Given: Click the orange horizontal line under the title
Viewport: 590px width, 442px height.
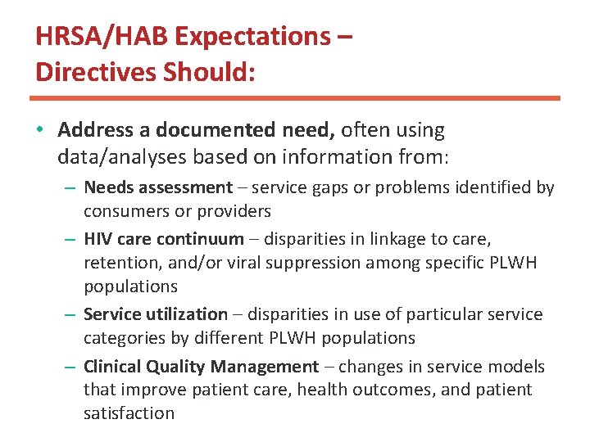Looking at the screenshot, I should [x=295, y=98].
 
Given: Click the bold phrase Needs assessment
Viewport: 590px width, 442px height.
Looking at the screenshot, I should [x=158, y=187].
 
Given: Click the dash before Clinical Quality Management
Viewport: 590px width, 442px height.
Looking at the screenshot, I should [x=71, y=367].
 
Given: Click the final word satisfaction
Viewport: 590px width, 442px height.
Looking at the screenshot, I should [x=129, y=413].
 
